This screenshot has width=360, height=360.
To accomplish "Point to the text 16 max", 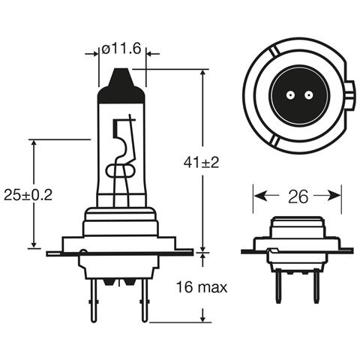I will [x=201, y=286].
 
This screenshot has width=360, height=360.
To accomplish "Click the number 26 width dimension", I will [x=298, y=196].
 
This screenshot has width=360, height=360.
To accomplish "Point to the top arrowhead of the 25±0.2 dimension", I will [x=34, y=142].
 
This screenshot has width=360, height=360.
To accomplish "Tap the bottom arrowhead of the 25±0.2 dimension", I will [x=34, y=244].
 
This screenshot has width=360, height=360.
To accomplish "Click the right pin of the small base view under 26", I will [x=317, y=274].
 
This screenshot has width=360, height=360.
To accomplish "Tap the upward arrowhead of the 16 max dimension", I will [x=204, y=257].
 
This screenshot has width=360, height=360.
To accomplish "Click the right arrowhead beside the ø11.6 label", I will [x=151, y=53].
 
